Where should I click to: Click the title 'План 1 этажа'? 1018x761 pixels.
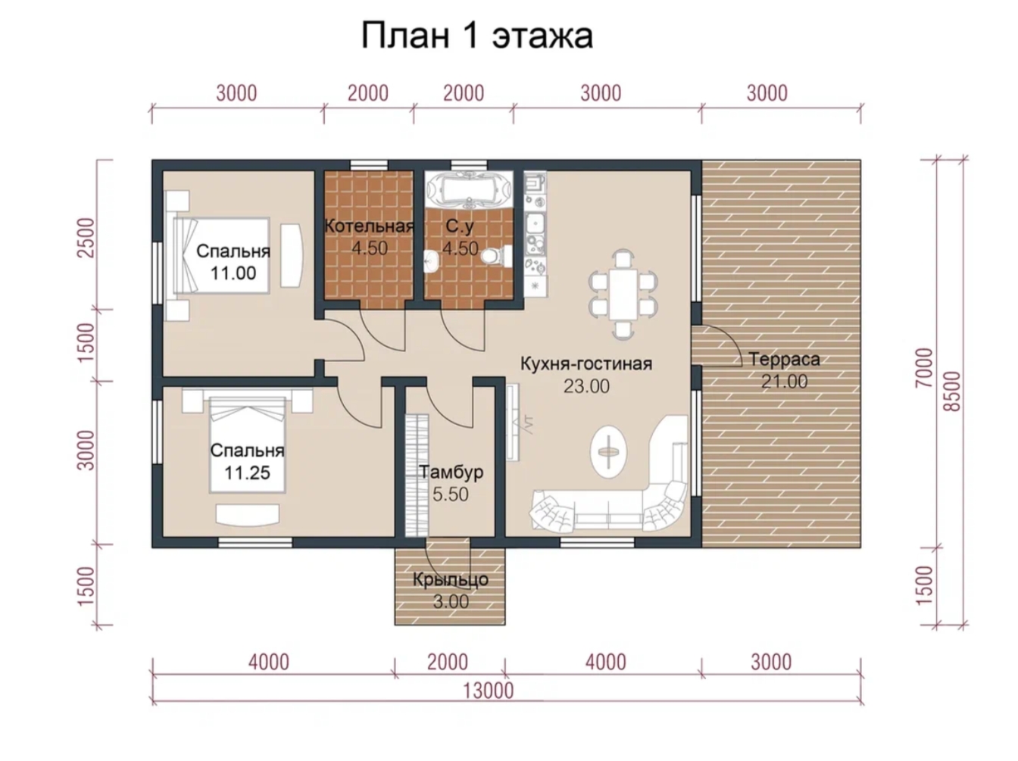click(x=476, y=36)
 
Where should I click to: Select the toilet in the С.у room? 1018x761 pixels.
click(x=495, y=256)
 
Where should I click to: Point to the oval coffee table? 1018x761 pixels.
click(x=608, y=451)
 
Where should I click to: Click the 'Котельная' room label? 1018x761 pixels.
click(x=369, y=226)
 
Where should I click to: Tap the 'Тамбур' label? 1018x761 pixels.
click(x=451, y=472)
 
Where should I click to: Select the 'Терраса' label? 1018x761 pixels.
click(x=784, y=359)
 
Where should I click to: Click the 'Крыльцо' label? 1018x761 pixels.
click(x=450, y=580)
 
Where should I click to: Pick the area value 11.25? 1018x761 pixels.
click(x=247, y=473)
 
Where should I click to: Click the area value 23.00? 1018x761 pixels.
click(x=586, y=386)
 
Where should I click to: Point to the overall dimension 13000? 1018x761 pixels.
click(x=488, y=691)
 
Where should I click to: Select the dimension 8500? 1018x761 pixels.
click(x=953, y=391)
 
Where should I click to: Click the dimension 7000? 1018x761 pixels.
click(x=924, y=367)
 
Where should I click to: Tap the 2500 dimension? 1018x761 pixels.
click(x=86, y=238)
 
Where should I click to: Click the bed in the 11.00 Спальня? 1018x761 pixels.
click(x=221, y=255)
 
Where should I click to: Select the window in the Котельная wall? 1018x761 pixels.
click(x=369, y=165)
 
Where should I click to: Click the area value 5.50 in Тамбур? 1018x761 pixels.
click(x=451, y=494)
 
